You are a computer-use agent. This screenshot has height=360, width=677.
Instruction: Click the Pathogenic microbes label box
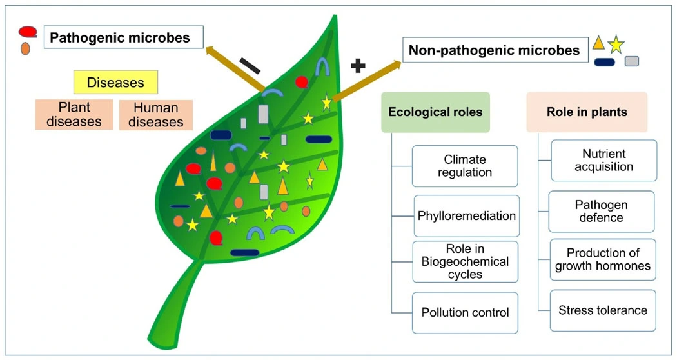[x=124, y=38]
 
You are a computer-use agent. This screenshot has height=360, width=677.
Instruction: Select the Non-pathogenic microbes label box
[x=495, y=50]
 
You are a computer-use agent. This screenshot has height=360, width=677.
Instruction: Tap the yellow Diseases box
[x=115, y=83]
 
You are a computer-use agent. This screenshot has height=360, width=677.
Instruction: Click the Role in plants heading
[x=587, y=112]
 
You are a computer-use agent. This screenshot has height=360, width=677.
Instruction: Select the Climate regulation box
[x=465, y=166]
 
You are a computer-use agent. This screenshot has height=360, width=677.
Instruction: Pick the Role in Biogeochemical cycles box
[x=465, y=261]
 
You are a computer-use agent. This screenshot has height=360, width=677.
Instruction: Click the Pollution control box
[x=465, y=312]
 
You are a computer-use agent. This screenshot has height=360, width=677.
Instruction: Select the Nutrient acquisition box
[x=603, y=160]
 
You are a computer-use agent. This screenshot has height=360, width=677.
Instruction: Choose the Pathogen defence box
[x=601, y=211]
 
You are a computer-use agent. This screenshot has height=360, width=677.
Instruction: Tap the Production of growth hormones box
[x=603, y=259]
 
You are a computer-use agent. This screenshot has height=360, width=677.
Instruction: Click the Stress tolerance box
[x=603, y=310]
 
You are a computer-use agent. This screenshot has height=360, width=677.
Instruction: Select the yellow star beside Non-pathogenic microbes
[x=616, y=44]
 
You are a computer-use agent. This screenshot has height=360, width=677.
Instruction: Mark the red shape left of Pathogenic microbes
[x=28, y=32]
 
